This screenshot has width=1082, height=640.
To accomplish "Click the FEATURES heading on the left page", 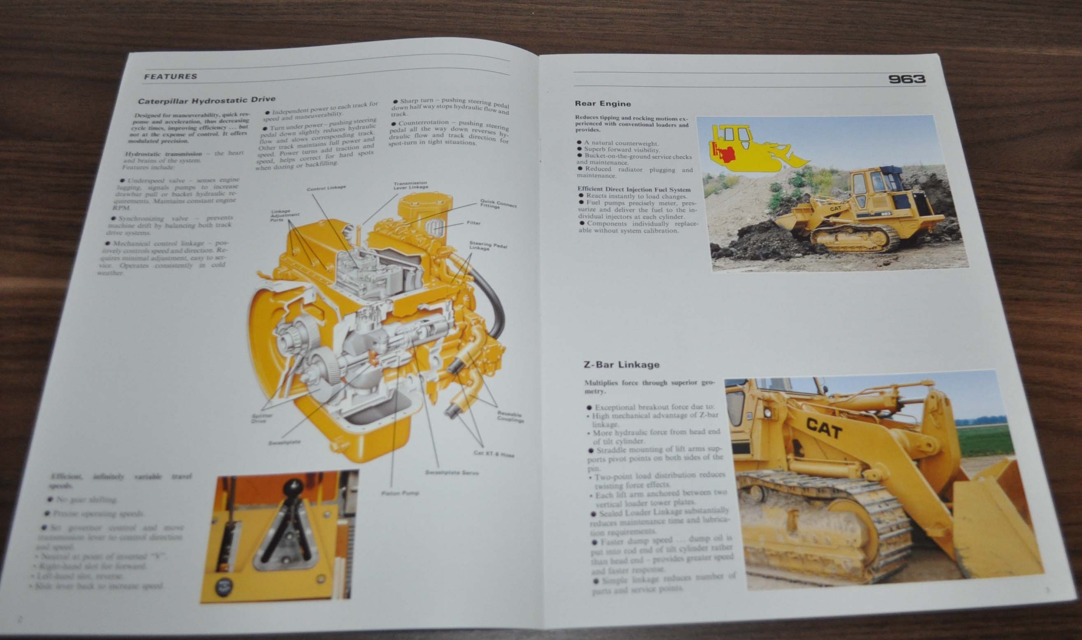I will click(x=170, y=77).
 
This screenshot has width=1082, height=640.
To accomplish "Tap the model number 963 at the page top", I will click(x=906, y=79).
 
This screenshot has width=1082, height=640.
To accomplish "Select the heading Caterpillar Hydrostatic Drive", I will click(x=206, y=100).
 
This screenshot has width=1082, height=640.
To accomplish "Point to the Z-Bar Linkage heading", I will click(x=621, y=365).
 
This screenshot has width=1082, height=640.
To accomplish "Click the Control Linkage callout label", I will click(x=326, y=188).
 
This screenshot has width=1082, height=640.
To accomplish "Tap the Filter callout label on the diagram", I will click(x=473, y=223).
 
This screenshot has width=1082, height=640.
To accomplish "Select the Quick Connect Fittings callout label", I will click(x=498, y=203).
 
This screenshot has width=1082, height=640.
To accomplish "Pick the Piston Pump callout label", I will click(x=400, y=492).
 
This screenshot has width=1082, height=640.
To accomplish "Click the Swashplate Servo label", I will click(x=452, y=472).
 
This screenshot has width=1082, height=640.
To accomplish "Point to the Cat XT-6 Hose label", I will click(x=494, y=454).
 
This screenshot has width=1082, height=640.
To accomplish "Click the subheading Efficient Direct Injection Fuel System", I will click(x=634, y=189).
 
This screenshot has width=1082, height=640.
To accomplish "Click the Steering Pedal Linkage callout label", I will click(x=487, y=246).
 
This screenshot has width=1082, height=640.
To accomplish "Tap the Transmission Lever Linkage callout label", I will click(x=410, y=185).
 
